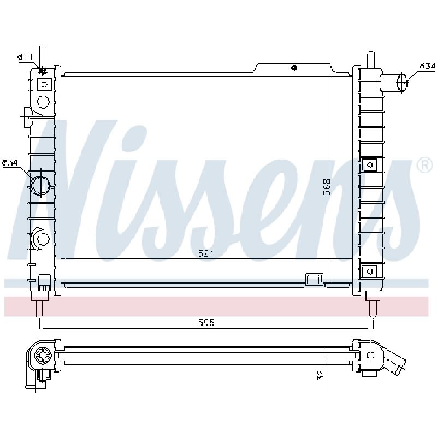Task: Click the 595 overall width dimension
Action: pos(206,323)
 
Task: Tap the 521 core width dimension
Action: pos(206,253)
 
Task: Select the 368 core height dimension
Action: pos(327,187)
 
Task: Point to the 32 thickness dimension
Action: pos(321,375)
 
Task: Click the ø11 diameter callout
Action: pos(25,57)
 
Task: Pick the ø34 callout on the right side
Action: pos(427,66)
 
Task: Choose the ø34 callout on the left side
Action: pos(10,162)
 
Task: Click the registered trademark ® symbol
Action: pos(424,166)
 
